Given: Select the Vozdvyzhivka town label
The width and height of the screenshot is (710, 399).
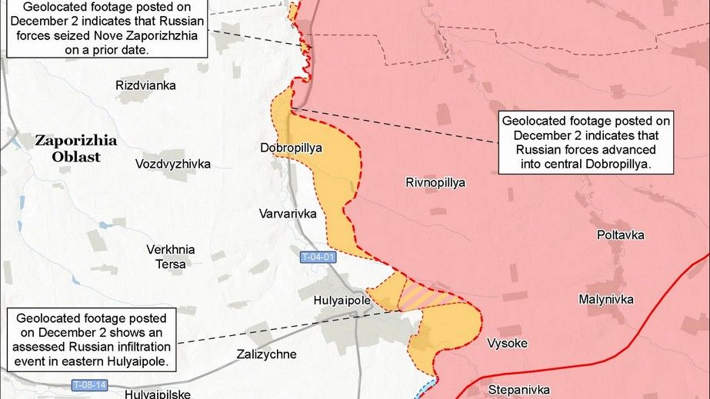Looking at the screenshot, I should pos(172,164).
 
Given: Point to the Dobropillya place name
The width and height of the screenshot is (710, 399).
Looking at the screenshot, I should pos(291,146).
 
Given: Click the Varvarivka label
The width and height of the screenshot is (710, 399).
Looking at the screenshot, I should pos(287,214).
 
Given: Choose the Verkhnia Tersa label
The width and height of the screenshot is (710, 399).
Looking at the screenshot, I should pos(170,257).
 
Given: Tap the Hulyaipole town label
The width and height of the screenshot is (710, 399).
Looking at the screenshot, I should pos(343,300).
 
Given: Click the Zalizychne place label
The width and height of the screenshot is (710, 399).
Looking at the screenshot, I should pos(265,354).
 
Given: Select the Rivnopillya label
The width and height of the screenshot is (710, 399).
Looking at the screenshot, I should pos(435,182).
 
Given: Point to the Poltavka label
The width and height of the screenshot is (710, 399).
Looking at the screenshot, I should pos(621,235).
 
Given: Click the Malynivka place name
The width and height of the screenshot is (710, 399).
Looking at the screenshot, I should pos(606,299).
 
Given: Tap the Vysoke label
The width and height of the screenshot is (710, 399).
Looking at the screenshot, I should pos(508,343).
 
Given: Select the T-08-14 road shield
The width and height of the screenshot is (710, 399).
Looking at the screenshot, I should pos(89,384).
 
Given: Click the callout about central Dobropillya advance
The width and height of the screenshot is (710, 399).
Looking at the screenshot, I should pos(586,142).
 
